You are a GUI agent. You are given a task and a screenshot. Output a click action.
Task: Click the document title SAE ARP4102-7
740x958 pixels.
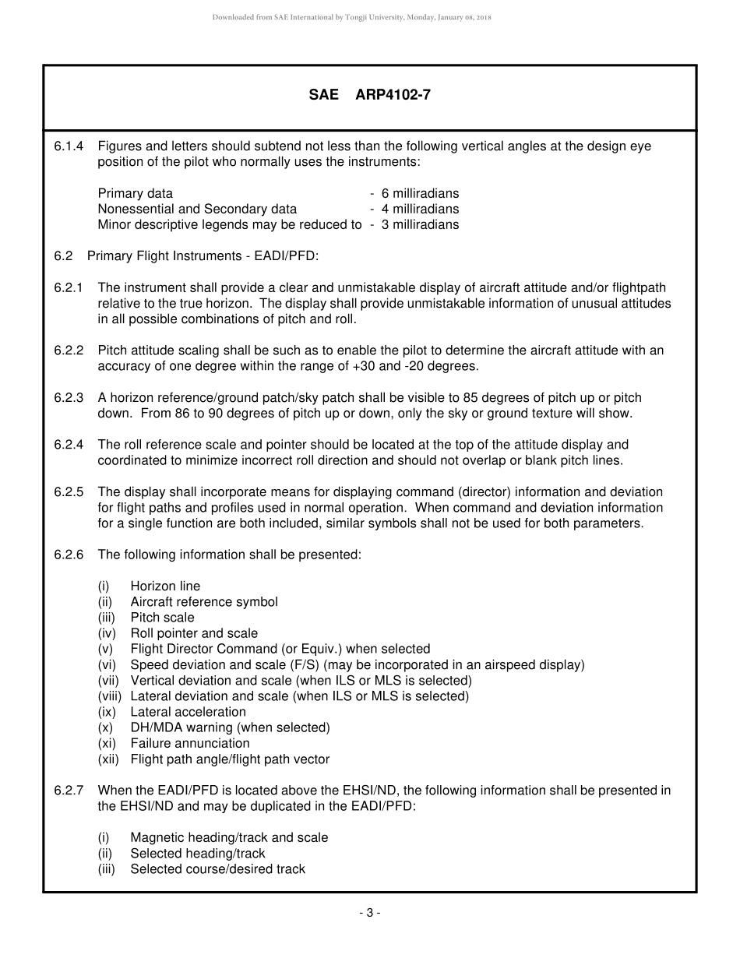click(369, 95)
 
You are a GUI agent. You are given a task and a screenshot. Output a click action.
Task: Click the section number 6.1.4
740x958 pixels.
click(69, 146)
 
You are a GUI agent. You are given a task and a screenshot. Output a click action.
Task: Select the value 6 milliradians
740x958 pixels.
click(420, 193)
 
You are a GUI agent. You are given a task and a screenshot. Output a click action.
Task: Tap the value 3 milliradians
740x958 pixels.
click(420, 224)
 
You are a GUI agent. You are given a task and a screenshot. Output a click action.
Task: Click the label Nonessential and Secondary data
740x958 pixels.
click(197, 209)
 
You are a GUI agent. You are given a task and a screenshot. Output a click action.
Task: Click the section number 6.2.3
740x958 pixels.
click(69, 398)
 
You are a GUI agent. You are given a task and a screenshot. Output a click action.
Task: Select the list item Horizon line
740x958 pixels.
click(165, 586)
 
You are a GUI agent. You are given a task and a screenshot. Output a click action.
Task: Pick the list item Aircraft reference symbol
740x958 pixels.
click(204, 602)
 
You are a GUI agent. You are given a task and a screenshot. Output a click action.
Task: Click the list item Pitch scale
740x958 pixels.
click(162, 618)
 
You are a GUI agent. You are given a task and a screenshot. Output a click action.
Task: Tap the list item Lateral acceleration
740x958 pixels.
click(188, 712)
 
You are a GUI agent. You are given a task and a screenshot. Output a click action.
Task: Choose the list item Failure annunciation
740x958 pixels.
click(190, 743)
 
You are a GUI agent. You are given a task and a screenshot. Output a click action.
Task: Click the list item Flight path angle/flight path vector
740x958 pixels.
click(230, 759)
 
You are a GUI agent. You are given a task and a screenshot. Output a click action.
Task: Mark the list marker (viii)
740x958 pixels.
click(110, 696)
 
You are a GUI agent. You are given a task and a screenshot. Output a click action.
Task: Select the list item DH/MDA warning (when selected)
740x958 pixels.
click(230, 727)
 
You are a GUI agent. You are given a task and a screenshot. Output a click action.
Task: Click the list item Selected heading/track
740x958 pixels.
click(198, 854)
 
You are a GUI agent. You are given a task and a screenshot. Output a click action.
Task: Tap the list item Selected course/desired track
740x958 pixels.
click(217, 869)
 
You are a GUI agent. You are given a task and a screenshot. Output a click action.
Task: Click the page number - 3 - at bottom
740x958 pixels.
click(369, 913)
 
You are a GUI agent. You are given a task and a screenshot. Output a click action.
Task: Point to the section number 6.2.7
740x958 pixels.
click(69, 791)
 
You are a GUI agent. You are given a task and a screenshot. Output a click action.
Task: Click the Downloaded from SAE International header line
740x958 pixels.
click(351, 17)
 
